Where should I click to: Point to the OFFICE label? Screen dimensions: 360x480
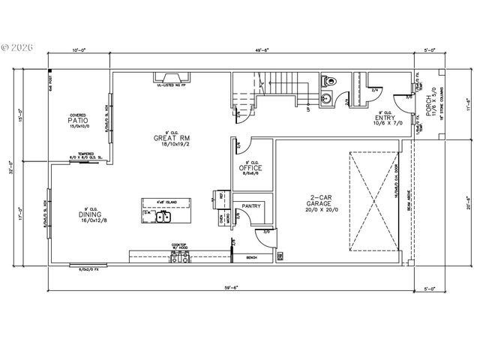tap(250, 168)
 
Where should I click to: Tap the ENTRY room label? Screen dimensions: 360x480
tap(385, 118)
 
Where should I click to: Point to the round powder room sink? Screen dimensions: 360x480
tap(326, 97)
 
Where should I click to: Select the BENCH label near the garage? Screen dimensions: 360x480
tap(251, 258)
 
